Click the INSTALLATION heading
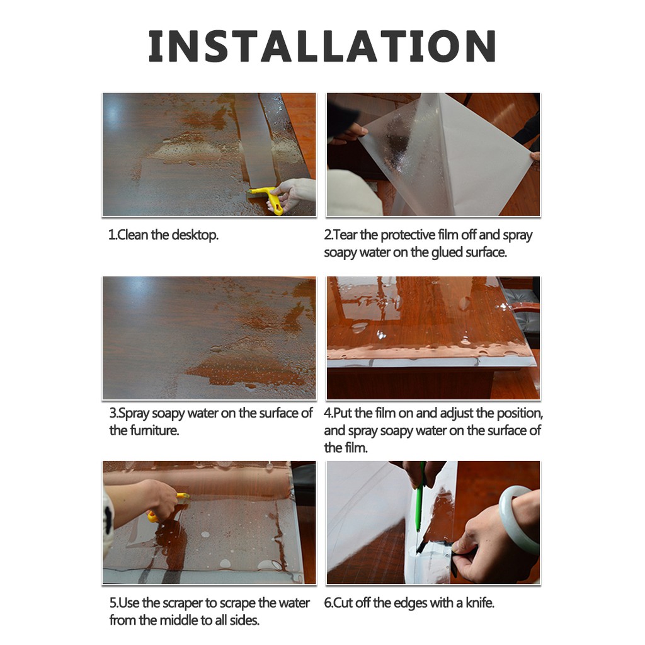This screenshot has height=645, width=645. click(x=322, y=46)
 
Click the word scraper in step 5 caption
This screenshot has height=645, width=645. click(x=182, y=603)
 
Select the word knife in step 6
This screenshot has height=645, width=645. click(x=480, y=603)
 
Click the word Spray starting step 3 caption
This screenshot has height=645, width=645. click(x=134, y=413)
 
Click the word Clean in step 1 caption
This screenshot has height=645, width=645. click(x=132, y=236)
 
